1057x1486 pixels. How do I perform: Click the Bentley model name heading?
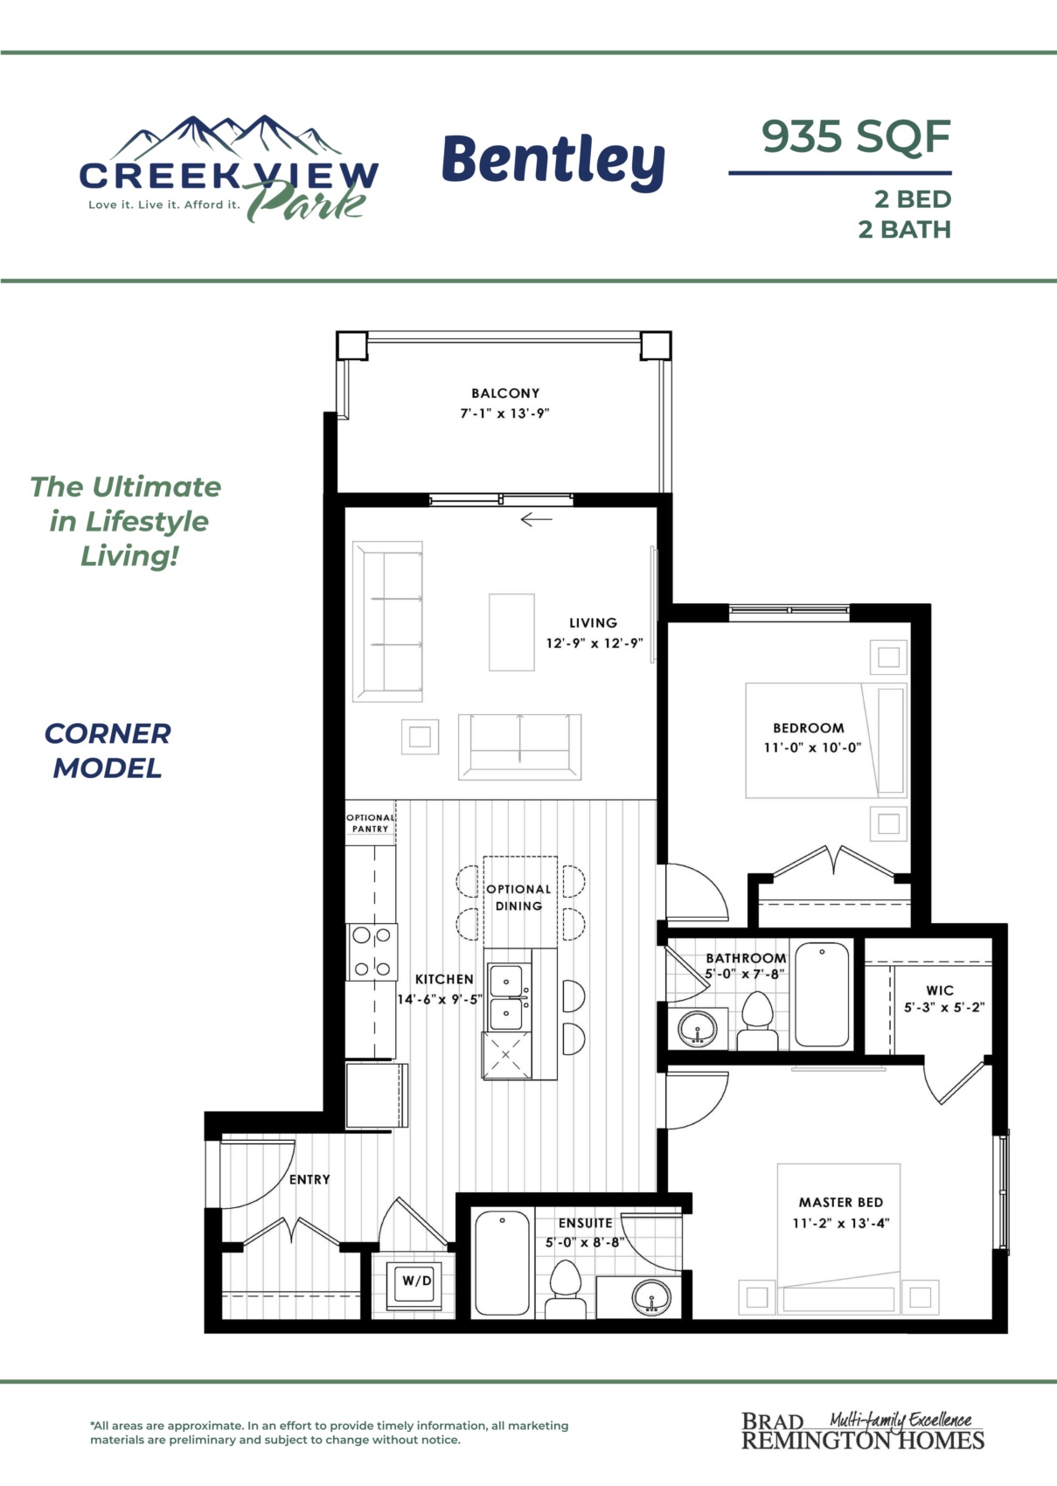[x=553, y=161]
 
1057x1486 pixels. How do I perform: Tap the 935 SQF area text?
[x=856, y=136]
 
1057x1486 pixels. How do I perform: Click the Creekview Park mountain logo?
[x=229, y=169]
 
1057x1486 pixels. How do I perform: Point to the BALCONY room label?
[x=505, y=393]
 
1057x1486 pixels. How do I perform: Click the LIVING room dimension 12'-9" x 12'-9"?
[x=595, y=642]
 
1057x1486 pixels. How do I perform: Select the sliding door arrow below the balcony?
[x=536, y=519]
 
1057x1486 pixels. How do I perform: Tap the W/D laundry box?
[x=417, y=1281]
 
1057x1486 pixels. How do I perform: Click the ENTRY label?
[x=309, y=1179]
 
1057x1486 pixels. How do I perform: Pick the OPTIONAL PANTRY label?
[x=370, y=823]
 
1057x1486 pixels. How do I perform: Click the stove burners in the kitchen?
[x=372, y=952]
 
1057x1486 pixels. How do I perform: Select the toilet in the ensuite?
[x=566, y=1289]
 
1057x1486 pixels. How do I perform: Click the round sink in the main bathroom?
[x=698, y=1029]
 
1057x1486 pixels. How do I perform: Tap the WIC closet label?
[x=940, y=990]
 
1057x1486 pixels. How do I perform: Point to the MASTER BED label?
[x=841, y=1202]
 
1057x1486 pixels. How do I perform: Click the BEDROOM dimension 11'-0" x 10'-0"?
[x=812, y=747]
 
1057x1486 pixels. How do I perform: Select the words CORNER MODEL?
[x=108, y=751]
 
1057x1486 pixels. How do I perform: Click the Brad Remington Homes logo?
[x=863, y=1430]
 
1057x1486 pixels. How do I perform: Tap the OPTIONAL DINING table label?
[x=518, y=898]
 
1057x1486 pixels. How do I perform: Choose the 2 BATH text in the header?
[x=904, y=230]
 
